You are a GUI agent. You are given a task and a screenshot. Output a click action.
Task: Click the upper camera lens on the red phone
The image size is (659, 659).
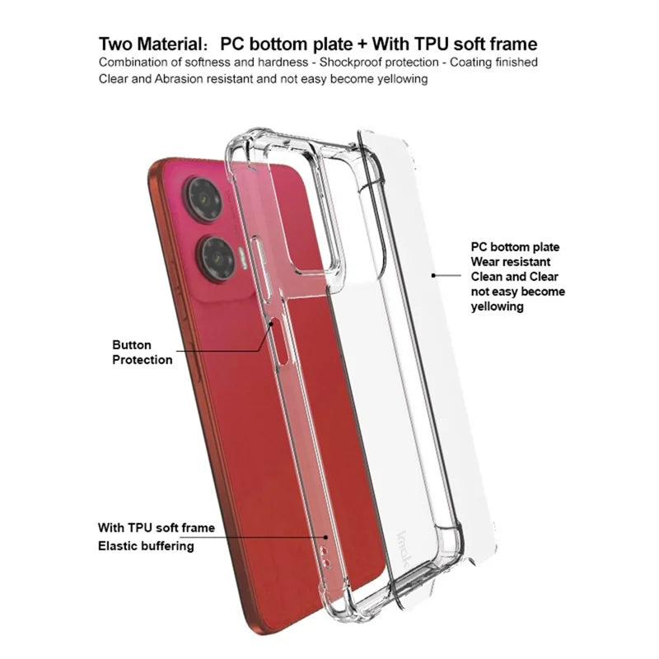coord(204,199)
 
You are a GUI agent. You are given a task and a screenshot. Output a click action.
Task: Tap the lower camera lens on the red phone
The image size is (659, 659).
coord(217,259)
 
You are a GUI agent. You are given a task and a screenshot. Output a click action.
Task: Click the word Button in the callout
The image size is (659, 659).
coord(132,345)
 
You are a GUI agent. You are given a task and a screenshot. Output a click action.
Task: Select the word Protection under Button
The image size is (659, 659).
coord(142,360)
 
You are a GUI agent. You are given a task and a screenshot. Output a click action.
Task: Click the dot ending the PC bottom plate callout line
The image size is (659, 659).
coord(433,275)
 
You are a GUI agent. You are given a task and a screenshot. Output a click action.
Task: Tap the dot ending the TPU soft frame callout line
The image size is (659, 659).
coord(325,537)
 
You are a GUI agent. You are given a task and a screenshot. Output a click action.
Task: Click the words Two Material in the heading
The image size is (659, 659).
coord(151,44)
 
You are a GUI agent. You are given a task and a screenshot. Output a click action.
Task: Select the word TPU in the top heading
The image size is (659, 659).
coord(432,44)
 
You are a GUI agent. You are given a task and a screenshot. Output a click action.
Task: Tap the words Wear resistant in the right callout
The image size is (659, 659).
coord(510,262)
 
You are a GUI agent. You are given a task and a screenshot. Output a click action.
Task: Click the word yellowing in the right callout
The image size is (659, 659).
coord(497,306)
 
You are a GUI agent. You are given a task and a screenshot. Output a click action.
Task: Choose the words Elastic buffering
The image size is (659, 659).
coord(146,546)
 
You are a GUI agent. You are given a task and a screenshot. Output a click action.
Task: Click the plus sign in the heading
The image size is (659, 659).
coord(362,44)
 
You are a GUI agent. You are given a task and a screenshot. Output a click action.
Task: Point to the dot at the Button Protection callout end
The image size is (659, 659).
coord(272,325)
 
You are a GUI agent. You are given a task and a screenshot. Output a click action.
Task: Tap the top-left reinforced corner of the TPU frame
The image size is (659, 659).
coord(243,138)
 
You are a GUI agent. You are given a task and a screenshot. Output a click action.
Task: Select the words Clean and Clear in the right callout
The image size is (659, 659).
coord(514,277)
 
